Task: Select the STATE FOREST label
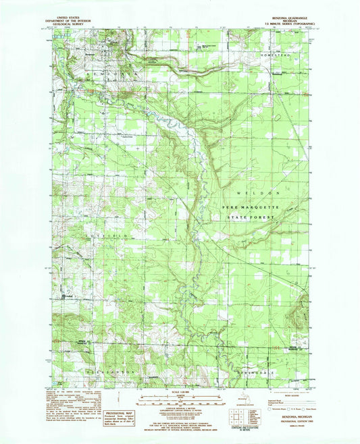point(249,218)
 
